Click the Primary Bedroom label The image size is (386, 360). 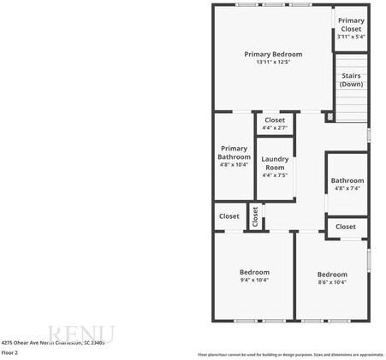click(x=273, y=54)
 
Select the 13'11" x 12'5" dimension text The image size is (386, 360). click(x=273, y=62)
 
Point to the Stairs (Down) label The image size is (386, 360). click(x=350, y=80)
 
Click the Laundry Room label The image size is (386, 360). click(x=275, y=162)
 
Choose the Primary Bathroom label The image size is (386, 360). click(x=234, y=152)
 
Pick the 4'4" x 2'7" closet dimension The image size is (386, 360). click(x=275, y=128)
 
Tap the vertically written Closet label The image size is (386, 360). click(x=254, y=216)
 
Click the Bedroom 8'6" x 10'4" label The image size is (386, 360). click(x=332, y=275)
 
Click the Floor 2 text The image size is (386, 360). click(x=10, y=351)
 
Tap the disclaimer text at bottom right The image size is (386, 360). click(x=291, y=354)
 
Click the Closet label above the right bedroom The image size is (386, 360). click(x=346, y=227)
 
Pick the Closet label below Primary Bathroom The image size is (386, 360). click(x=229, y=216)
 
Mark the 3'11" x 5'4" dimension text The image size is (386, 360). click(x=350, y=37)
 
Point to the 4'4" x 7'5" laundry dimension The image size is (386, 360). click(x=275, y=174)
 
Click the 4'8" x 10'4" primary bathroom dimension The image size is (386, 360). click(x=234, y=164)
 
